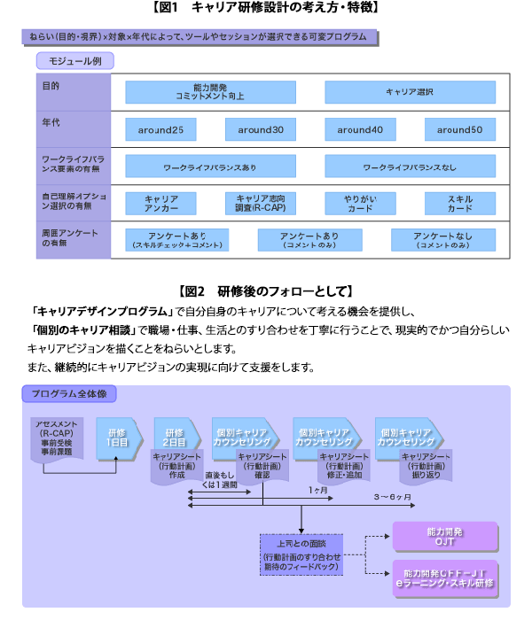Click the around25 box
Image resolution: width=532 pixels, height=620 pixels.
160,129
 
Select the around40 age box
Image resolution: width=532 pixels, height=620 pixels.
360,129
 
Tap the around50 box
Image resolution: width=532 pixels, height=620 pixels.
459,129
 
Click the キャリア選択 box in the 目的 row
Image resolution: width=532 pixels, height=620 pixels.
410,92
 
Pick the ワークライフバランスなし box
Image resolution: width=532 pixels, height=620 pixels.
410,167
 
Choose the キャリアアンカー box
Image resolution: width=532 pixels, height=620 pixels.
160,204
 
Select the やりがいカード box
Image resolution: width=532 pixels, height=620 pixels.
360,204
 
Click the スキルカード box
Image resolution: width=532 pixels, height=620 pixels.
459,204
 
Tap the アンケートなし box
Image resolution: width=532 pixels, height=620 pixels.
441,239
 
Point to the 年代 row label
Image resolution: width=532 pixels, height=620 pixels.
52,122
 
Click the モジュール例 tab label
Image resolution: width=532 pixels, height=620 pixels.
74,61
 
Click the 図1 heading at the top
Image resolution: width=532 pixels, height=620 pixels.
266,8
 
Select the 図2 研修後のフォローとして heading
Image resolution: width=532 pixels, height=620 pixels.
266,291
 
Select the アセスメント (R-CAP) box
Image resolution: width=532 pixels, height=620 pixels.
58,437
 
